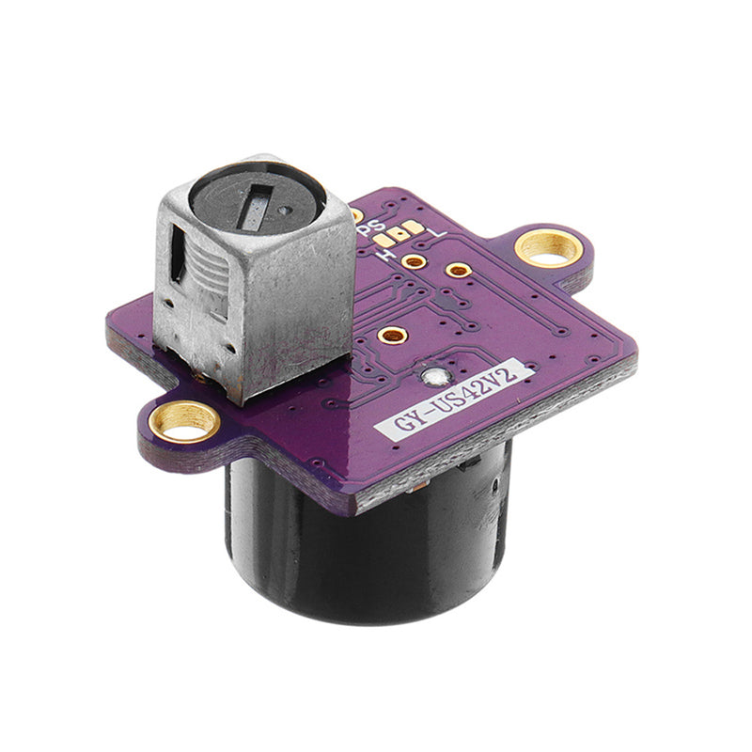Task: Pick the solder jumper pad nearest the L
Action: pyautogui.click(x=415, y=227)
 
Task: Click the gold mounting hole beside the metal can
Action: pyautogui.click(x=184, y=420)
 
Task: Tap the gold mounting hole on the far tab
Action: pyautogui.click(x=547, y=247)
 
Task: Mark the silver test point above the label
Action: pyautogui.click(x=433, y=378)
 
